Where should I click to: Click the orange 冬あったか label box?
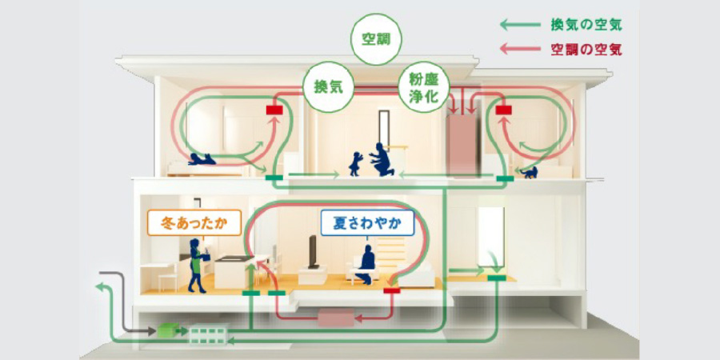pyautogui.click(x=194, y=223)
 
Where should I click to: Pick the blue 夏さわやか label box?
pyautogui.click(x=367, y=223)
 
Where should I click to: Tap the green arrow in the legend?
pyautogui.click(x=520, y=26)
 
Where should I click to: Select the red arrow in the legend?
pyautogui.click(x=520, y=50)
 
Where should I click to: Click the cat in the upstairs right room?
pyautogui.click(x=528, y=171)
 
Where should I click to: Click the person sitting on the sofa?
pyautogui.click(x=366, y=263)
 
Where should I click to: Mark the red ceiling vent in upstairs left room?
pyautogui.click(x=274, y=110)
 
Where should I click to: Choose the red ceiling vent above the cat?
pyautogui.click(x=503, y=110)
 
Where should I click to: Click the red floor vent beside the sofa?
pyautogui.click(x=391, y=291)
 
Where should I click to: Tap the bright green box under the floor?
pyautogui.click(x=166, y=328)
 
